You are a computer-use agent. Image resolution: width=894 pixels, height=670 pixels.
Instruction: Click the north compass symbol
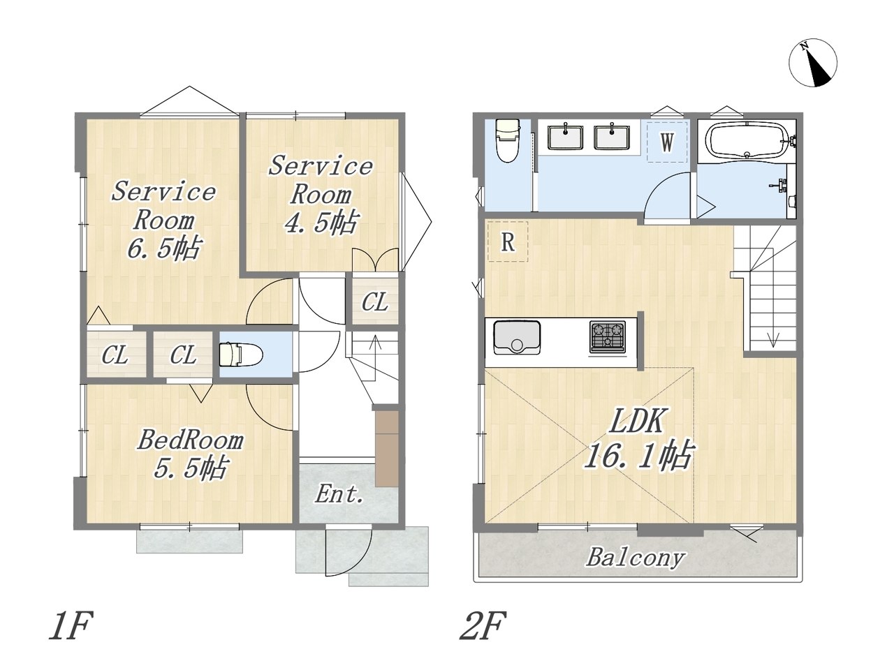[x=812, y=63]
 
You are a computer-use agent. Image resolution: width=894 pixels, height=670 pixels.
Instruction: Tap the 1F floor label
[x=71, y=625]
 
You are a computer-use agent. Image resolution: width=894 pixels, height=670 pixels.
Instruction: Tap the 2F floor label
[x=483, y=625]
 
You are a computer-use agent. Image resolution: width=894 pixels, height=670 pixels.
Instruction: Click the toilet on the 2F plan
[x=507, y=141]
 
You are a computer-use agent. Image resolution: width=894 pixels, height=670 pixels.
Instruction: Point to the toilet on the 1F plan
[x=241, y=355]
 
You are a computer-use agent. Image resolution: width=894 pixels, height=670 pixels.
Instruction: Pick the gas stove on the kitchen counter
[x=608, y=337]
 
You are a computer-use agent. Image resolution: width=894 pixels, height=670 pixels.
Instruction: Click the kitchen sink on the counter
[x=517, y=337]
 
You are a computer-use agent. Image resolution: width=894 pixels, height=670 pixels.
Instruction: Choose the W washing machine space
[x=667, y=142]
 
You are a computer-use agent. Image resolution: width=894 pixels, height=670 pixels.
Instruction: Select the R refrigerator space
[x=508, y=242]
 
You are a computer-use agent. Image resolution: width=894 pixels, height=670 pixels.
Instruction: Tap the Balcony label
[x=636, y=557]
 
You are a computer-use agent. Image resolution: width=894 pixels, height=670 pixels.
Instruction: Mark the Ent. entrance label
[x=339, y=494]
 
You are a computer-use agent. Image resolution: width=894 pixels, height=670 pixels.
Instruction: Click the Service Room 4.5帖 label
[x=321, y=195]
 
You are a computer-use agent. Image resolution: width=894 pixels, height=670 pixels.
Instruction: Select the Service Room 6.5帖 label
[x=163, y=221]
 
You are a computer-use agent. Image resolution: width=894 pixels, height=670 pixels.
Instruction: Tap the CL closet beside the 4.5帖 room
[x=374, y=301]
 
